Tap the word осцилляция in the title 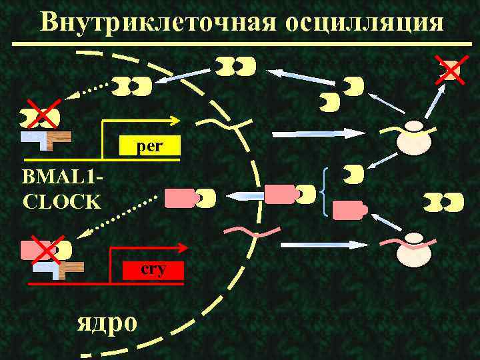(x=364, y=21)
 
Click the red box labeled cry (x=153, y=269)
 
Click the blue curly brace (x=323, y=193)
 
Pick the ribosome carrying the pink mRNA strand (x=414, y=249)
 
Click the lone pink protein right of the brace (x=349, y=211)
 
